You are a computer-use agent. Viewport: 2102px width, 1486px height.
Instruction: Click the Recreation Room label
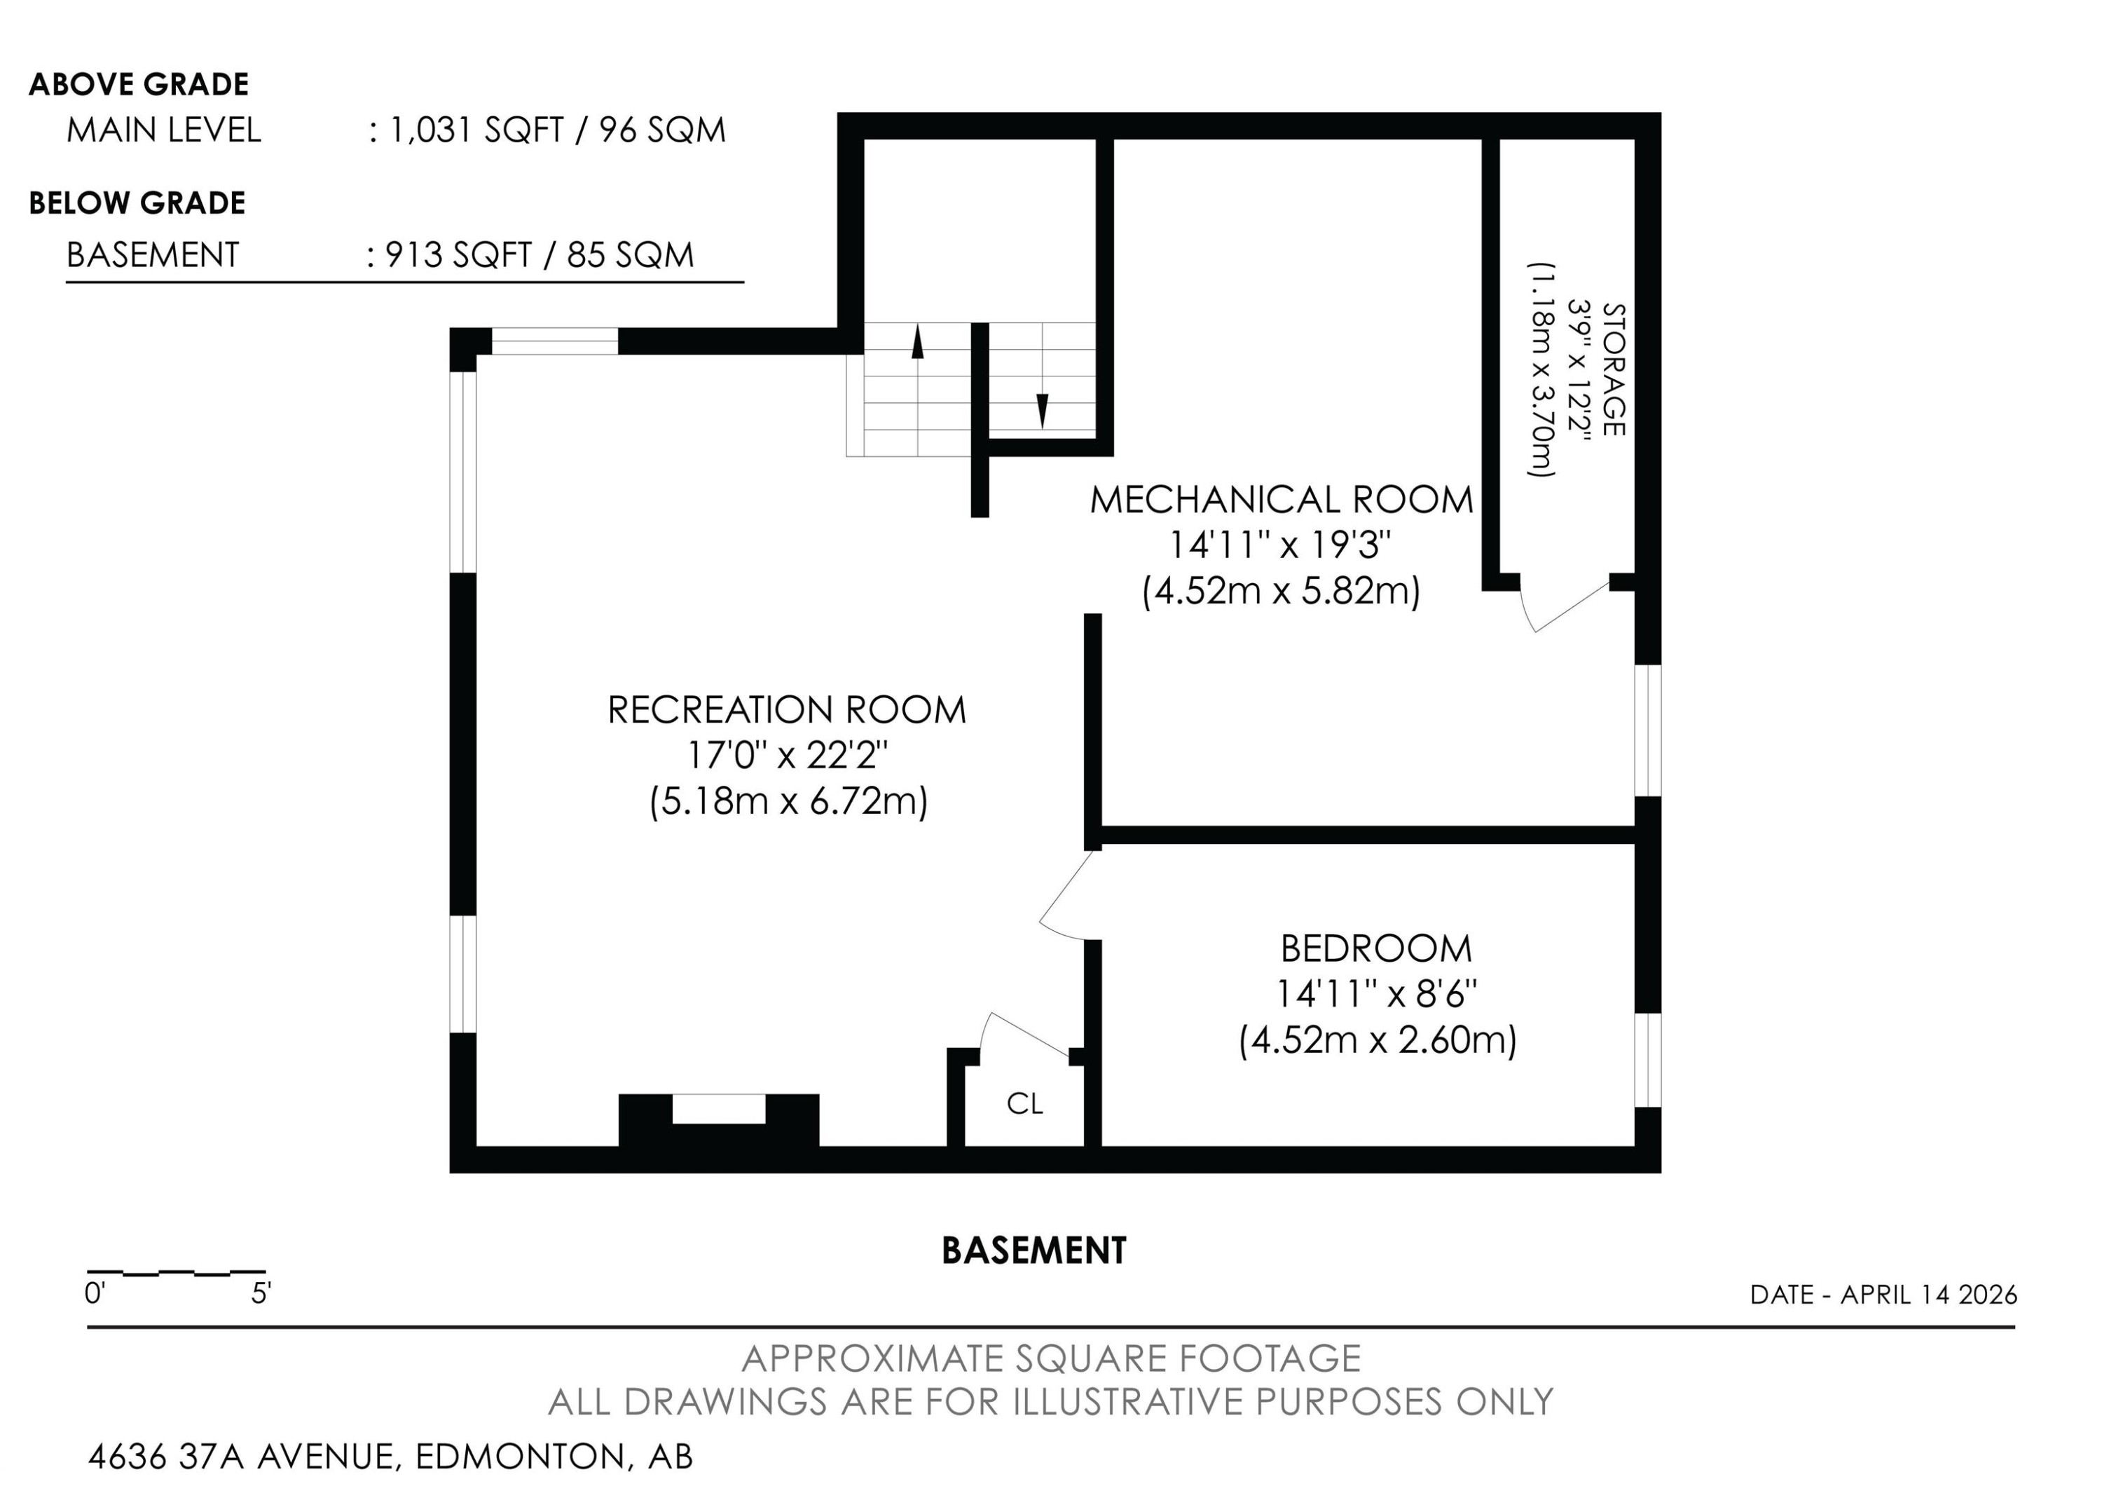tap(786, 709)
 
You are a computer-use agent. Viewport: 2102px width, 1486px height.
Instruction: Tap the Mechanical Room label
tap(1282, 500)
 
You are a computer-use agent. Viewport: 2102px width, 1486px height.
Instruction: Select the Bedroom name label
tap(1376, 948)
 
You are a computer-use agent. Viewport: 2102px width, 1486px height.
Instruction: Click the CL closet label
tap(1024, 1104)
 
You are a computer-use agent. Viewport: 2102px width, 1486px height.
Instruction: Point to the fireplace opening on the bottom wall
tap(719, 1110)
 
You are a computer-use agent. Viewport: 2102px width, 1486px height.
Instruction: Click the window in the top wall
tap(555, 341)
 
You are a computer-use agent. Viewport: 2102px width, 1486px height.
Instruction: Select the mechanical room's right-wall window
tap(1648, 730)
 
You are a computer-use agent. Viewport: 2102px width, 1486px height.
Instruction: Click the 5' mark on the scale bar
tap(262, 1295)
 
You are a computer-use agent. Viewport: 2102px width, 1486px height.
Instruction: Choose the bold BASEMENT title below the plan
tap(1033, 1250)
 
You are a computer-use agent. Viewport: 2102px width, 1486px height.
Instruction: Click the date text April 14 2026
tap(1929, 1295)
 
